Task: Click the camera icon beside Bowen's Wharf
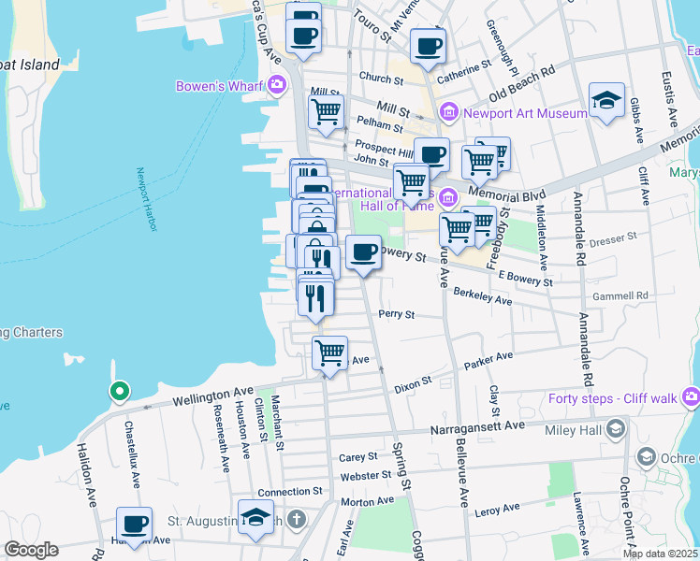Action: tap(276, 87)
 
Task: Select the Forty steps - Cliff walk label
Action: tap(613, 399)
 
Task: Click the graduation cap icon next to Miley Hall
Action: tap(616, 429)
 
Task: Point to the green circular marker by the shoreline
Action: tap(119, 391)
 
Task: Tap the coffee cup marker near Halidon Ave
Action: tap(134, 524)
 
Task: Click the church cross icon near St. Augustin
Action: tap(296, 518)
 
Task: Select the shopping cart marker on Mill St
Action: tap(326, 111)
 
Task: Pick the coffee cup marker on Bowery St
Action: tap(363, 252)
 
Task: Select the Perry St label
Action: tap(396, 315)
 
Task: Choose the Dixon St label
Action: tap(412, 382)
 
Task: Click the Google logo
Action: tap(30, 550)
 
